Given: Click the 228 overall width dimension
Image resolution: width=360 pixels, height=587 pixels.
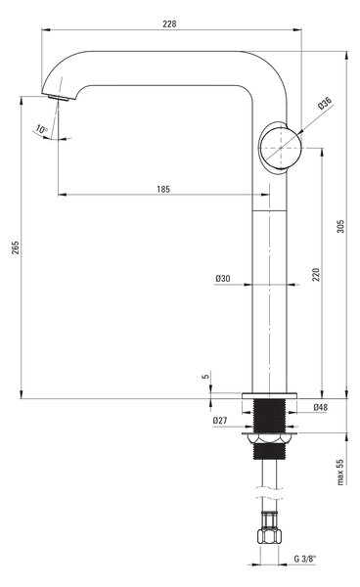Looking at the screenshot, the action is pos(169,23).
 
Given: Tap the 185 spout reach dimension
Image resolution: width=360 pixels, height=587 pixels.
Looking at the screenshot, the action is pos(163,189).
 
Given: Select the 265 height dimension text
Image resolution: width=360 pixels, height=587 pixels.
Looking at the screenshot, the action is pos(15,248).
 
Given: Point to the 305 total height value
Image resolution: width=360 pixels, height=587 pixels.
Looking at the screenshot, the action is pos(340,226).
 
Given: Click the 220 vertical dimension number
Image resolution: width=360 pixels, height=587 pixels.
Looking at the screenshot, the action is pos(316,275).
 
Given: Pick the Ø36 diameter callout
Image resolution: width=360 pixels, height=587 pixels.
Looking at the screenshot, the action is pos(325,103).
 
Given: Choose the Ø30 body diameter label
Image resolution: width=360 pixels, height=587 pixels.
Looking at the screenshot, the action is pos(223,279).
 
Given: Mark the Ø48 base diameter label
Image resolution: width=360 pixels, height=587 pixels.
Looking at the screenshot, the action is pos(321,407).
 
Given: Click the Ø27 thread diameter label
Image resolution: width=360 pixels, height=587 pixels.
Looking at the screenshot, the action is pos(220,421).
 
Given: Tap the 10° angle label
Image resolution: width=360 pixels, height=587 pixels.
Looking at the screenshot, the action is pos(41,129).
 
